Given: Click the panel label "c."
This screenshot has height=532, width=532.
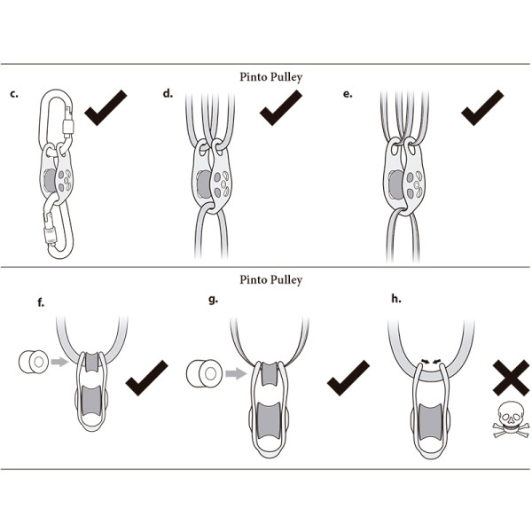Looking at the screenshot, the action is tap(14, 94).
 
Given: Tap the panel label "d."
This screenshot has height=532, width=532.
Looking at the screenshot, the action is tap(168, 93).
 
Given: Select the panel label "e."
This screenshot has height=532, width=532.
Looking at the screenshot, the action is tap(348, 94).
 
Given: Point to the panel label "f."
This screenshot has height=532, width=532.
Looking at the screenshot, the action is tap(41, 302).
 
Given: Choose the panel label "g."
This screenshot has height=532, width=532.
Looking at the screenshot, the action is tap(213, 300).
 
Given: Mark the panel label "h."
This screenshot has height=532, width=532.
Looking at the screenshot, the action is tap(396, 299).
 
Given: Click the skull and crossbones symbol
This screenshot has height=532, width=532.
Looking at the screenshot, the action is tap(511, 420).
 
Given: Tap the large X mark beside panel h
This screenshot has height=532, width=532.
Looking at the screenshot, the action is tap(511, 378).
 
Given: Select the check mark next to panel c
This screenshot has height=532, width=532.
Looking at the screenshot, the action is tap(106, 108).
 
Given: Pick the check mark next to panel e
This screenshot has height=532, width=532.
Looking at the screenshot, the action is tap(482, 108).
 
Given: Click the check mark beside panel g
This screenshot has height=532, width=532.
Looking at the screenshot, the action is tap(348, 378).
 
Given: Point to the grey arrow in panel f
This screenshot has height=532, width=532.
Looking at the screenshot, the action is tap(59, 362).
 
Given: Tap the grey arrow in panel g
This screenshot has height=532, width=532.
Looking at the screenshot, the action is tap(236, 374).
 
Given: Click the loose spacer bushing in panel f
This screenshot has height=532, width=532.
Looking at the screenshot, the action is tap(34, 362).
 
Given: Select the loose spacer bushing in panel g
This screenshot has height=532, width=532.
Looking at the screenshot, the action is tap(204, 373).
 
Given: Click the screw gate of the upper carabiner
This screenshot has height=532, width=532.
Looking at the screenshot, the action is tap(68, 127).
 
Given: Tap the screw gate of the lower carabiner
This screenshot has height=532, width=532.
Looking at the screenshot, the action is tap(50, 235).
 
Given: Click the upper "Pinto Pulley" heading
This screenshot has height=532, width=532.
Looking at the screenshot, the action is tap(270, 77).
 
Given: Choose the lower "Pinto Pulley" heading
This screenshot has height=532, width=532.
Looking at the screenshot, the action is tap(270, 280).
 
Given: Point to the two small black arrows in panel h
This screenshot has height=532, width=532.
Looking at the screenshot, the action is tap(431, 361).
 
